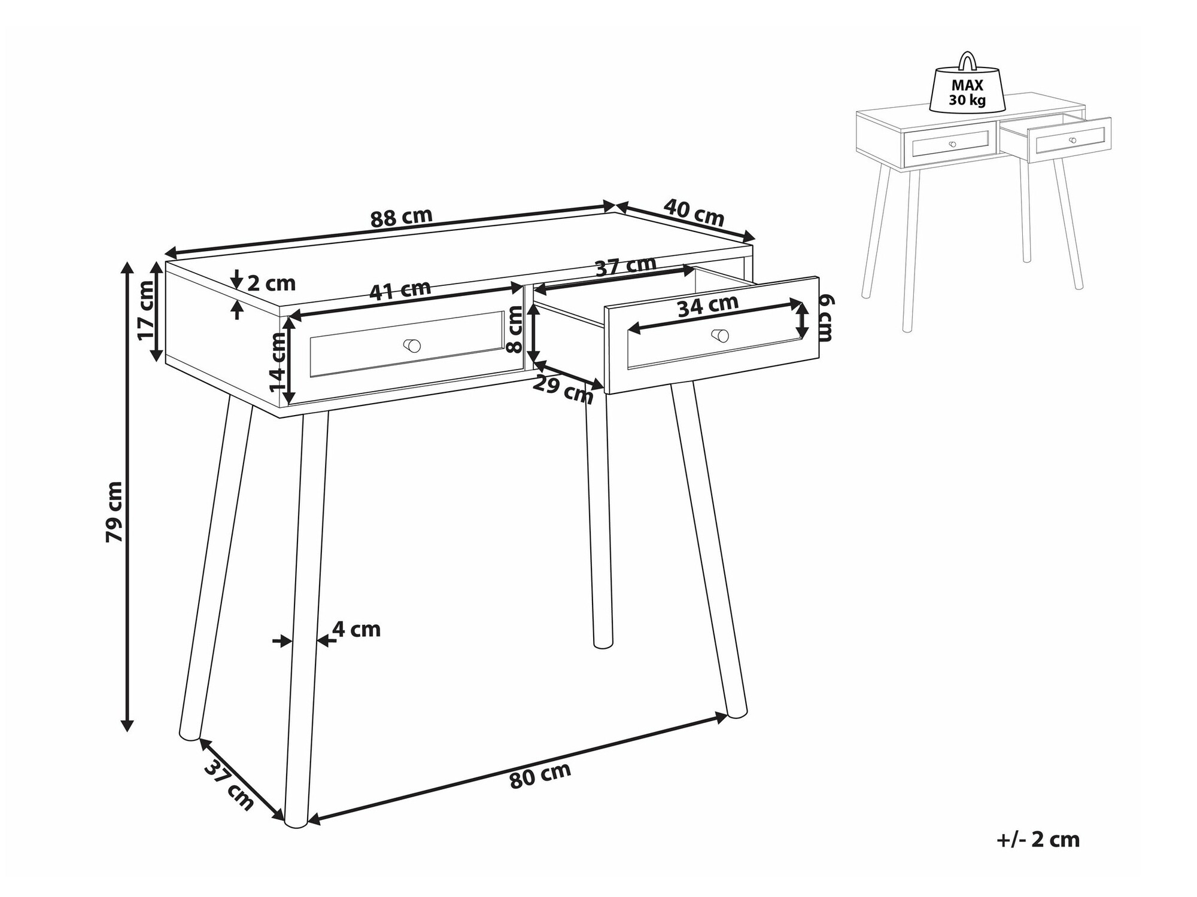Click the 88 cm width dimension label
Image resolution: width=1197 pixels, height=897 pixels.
click(401, 218)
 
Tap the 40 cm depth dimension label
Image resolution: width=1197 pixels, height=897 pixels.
click(694, 212)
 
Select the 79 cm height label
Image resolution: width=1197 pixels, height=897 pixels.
click(114, 512)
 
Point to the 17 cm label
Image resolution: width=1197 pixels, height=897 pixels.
click(145, 310)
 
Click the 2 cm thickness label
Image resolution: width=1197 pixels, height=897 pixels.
click(271, 283)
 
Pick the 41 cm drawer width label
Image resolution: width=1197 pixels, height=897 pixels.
click(400, 290)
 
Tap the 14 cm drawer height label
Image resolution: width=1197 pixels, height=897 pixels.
click(278, 362)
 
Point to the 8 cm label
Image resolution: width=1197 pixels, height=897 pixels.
click(514, 329)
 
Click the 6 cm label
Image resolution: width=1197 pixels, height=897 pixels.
click(826, 318)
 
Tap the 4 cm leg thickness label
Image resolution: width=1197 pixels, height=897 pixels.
click(356, 629)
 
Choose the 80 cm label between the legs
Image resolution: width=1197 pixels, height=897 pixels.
click(540, 776)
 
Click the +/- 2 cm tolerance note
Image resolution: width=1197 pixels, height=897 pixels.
click(1038, 840)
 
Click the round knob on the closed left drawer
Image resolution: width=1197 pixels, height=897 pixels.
click(412, 346)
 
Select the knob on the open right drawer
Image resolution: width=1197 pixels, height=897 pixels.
click(721, 335)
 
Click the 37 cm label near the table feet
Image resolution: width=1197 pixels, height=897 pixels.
click(229, 783)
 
